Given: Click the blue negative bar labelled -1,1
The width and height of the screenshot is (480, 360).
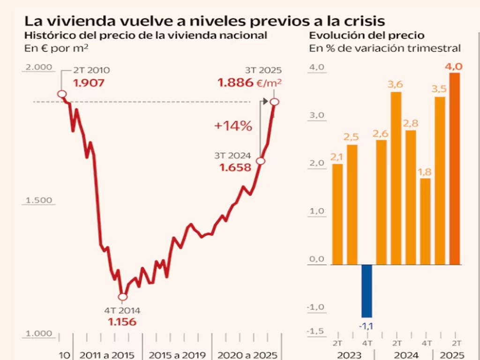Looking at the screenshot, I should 367,291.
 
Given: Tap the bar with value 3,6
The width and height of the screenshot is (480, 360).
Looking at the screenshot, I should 396,178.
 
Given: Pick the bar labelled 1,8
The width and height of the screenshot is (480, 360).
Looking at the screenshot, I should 425,221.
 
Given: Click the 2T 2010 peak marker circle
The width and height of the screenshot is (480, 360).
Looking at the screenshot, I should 62,94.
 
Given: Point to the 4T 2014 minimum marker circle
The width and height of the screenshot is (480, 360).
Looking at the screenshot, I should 123,297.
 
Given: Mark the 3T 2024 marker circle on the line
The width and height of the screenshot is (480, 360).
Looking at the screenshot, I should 261,161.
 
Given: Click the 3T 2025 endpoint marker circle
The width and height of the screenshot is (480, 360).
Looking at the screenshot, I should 275,102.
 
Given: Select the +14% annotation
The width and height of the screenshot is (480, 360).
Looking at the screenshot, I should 233,126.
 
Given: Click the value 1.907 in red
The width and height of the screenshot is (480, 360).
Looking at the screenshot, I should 89,83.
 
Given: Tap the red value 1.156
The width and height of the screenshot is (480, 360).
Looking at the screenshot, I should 122,322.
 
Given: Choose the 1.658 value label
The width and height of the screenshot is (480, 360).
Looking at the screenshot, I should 235,167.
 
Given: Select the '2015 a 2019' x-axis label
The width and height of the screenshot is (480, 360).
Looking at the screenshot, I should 177,355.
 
